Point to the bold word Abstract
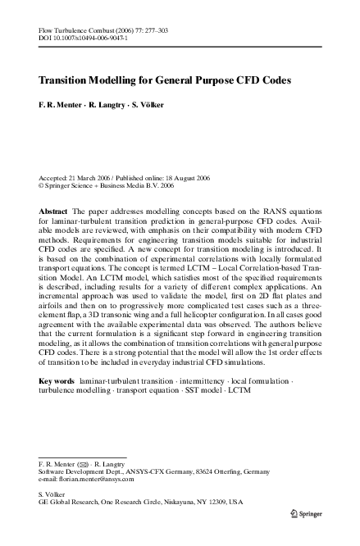[x=54, y=212]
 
